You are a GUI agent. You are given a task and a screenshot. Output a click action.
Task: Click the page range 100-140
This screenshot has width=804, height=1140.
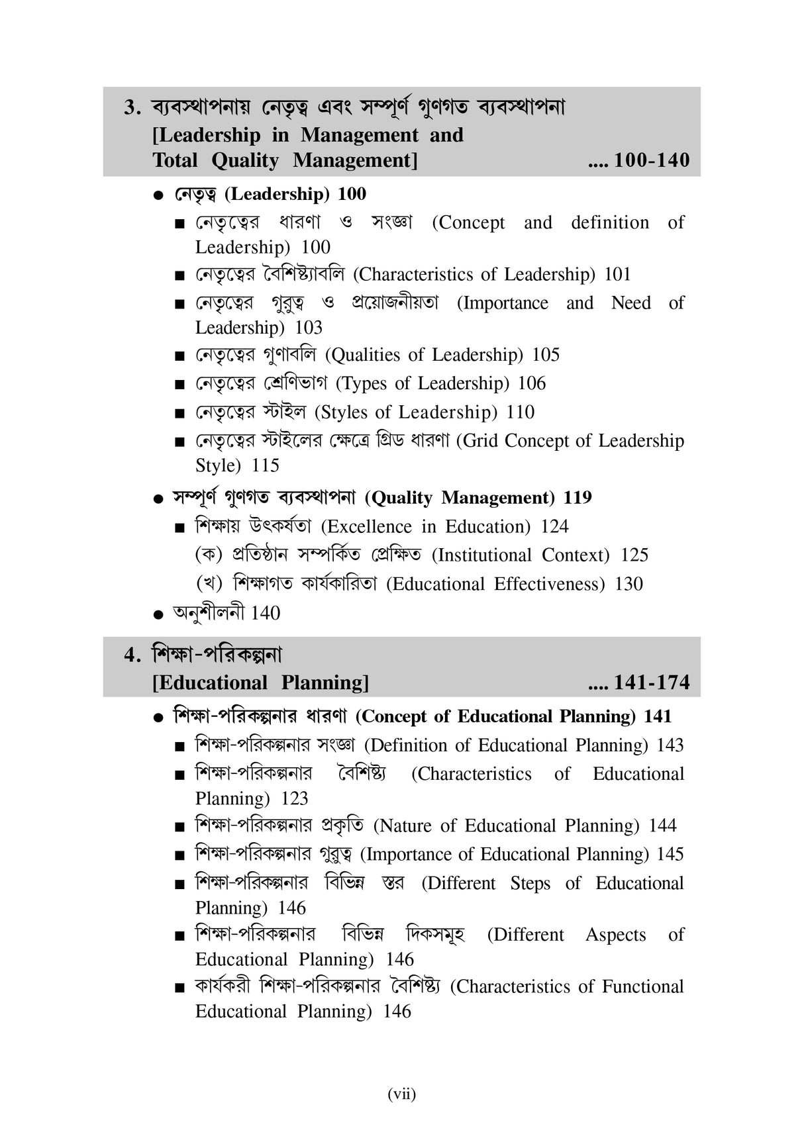point(652,160)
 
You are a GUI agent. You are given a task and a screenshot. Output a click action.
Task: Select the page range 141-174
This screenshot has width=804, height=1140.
point(652,683)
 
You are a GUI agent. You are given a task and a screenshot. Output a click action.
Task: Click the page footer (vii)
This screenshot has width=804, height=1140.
point(402,1094)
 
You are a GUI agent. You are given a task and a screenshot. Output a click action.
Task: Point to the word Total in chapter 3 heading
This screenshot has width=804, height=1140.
point(176,160)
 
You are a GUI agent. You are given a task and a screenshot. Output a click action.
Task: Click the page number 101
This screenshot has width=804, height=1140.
point(617,274)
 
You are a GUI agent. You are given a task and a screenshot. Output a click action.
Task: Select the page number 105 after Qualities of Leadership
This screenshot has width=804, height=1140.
point(546,355)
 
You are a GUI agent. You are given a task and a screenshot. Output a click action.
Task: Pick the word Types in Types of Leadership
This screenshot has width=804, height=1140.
point(361,384)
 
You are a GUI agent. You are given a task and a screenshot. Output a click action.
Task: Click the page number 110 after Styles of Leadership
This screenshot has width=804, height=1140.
point(520,412)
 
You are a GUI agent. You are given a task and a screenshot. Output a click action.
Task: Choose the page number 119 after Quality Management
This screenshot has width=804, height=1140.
point(578,498)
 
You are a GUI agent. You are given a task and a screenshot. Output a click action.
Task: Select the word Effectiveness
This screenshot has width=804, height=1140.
point(549,584)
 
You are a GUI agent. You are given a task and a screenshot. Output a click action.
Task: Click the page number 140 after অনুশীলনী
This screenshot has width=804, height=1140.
point(265,613)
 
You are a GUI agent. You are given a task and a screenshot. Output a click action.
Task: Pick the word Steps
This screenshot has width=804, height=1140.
point(530,884)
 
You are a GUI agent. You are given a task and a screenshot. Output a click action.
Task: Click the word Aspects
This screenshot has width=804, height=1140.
point(615,935)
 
